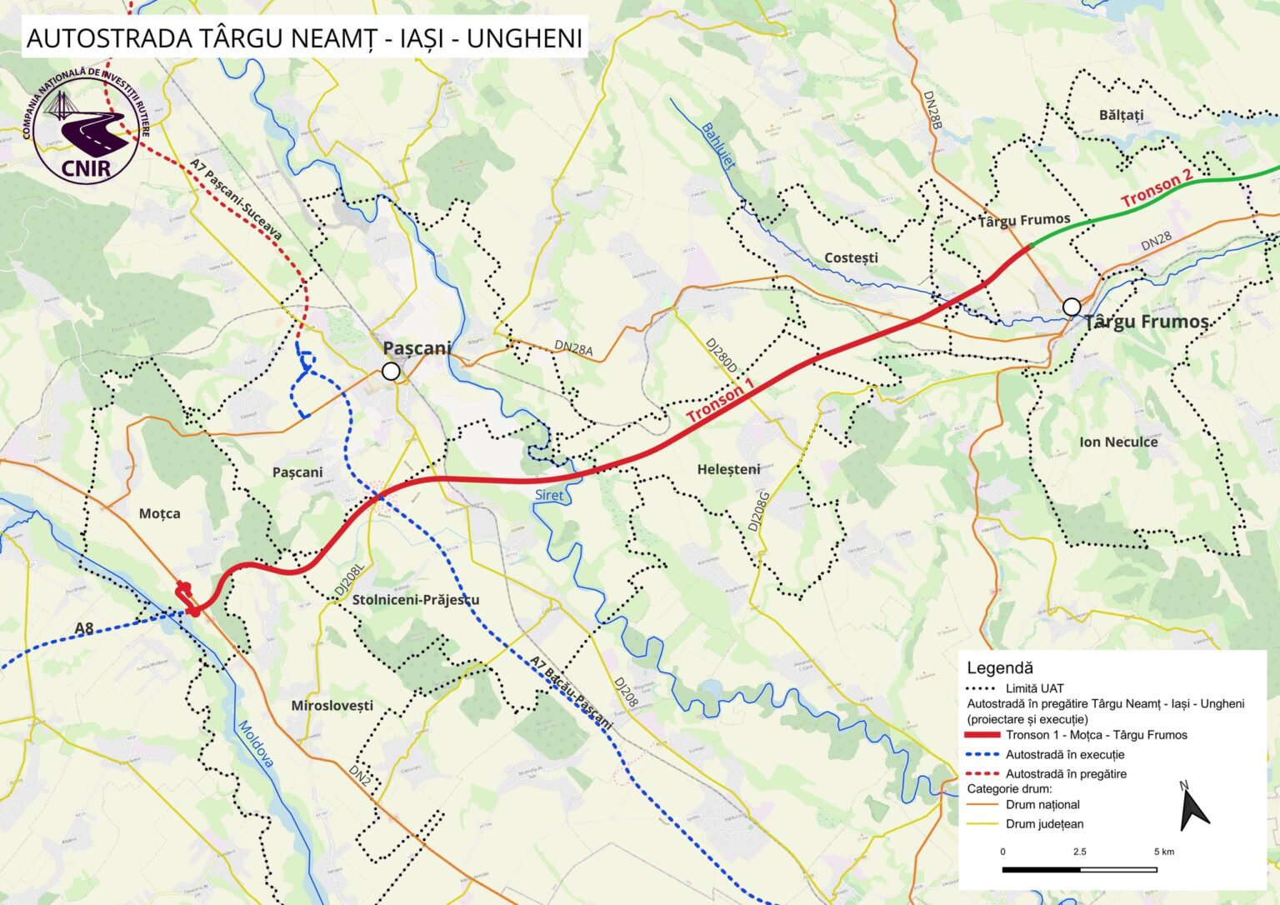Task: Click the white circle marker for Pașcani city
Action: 391,372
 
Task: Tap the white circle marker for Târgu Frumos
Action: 1072,306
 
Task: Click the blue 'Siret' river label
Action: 549,495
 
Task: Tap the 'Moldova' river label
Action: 256,743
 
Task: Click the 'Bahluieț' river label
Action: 718,146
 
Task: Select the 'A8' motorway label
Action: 83,628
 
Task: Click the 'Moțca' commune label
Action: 159,513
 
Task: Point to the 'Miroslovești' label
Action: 332,706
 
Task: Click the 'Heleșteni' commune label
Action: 728,469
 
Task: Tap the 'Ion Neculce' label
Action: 1118,442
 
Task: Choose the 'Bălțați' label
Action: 1121,114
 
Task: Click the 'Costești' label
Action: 851,257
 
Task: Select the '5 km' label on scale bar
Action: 1163,852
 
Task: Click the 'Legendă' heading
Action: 999,667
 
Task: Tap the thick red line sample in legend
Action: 981,735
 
